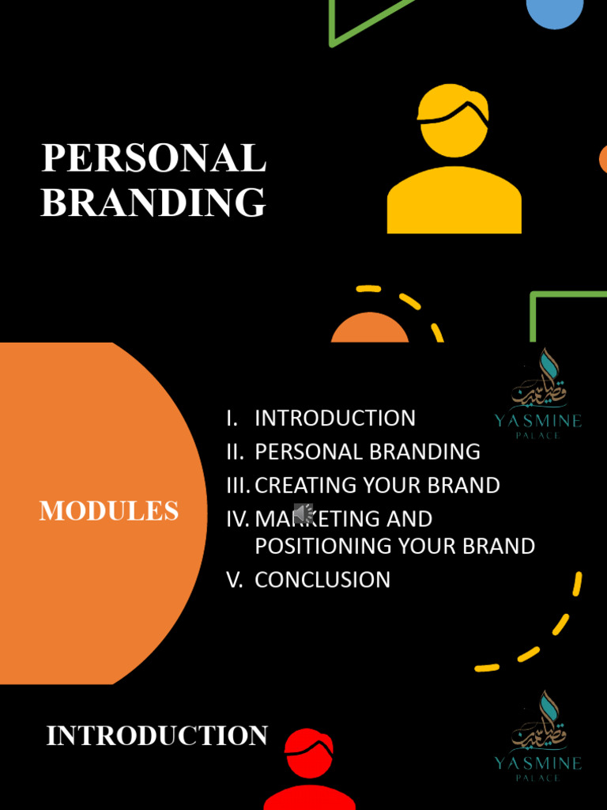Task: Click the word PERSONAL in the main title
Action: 153,158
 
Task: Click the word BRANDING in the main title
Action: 153,202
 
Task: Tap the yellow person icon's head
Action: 453,119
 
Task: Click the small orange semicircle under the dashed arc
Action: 370,329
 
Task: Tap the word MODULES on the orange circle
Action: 109,511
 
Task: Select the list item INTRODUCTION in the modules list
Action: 335,418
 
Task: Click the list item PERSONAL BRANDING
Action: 368,452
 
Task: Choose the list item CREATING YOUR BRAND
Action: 377,485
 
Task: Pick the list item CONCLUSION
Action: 322,579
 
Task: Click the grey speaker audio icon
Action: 303,513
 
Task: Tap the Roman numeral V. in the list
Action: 235,579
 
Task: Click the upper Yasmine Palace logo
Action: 538,394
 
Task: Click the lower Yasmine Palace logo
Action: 538,736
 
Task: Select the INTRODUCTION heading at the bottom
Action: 156,736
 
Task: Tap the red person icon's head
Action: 309,753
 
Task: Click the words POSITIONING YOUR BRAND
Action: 394,546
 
